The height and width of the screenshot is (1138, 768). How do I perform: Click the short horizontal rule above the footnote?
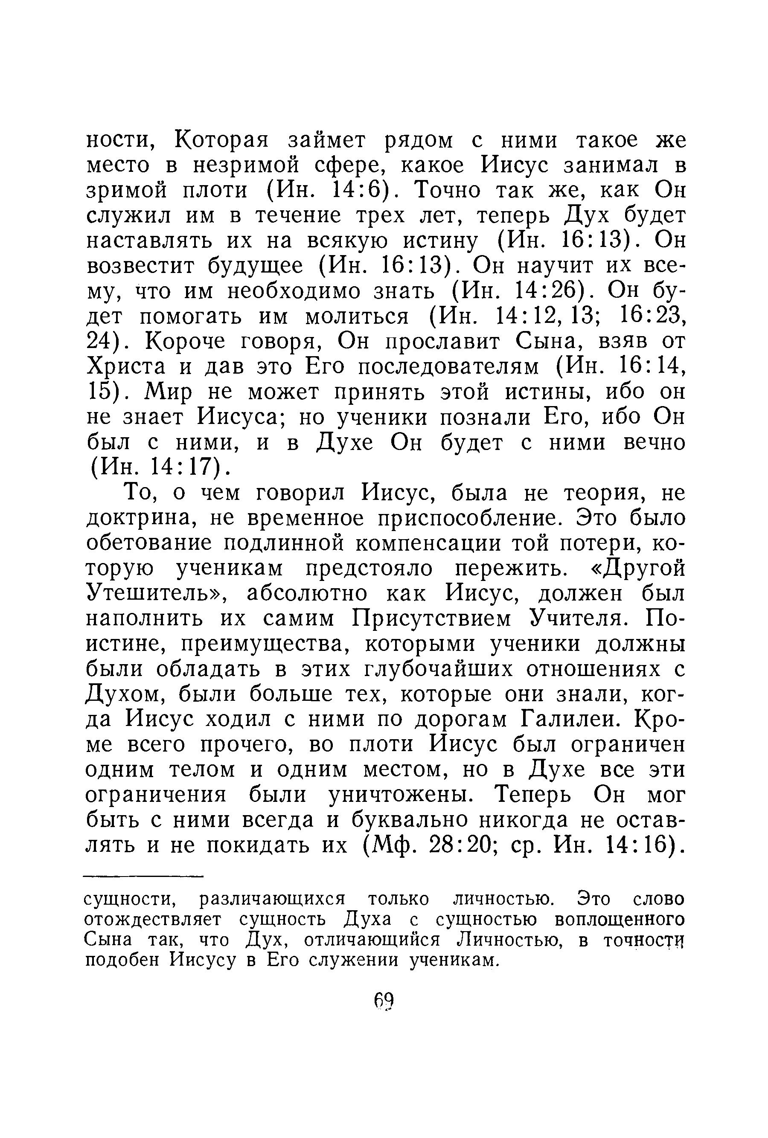[x=143, y=877]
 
